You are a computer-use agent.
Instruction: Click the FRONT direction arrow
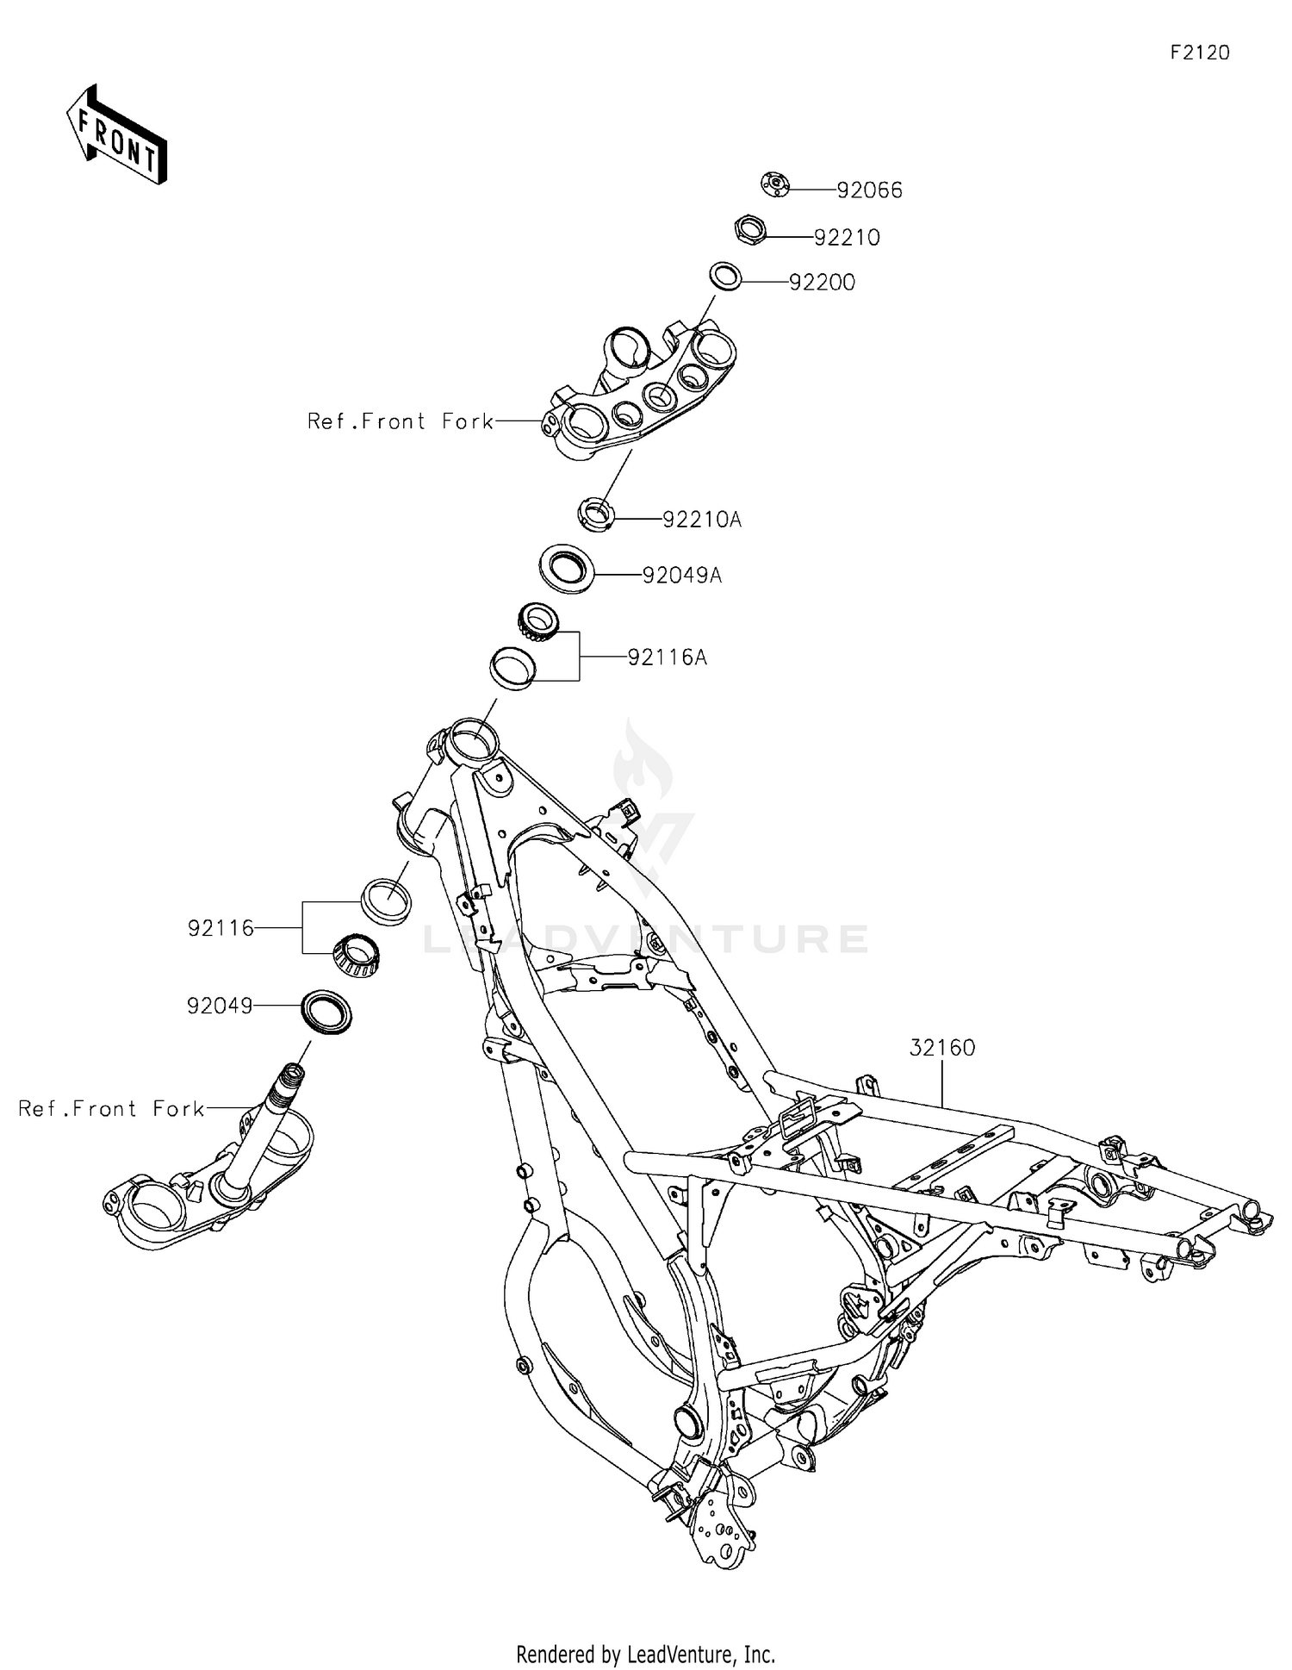point(116,134)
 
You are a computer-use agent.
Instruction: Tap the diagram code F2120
point(1199,53)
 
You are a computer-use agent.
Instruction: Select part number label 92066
point(870,190)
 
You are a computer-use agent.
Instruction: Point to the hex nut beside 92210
point(750,230)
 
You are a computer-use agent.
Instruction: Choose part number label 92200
point(823,283)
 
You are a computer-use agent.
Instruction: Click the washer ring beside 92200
point(725,277)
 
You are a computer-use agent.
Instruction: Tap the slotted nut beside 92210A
point(595,514)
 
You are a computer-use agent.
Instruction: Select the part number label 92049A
point(682,575)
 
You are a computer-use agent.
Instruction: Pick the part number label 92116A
point(668,657)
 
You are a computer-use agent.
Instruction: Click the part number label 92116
point(221,928)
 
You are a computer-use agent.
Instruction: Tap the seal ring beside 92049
point(326,1013)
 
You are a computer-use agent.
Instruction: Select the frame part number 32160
point(942,1048)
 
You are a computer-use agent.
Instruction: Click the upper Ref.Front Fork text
point(401,421)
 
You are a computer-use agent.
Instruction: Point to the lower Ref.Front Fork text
point(112,1108)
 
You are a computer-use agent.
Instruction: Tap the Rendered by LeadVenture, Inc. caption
point(646,1654)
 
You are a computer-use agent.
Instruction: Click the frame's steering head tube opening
point(471,739)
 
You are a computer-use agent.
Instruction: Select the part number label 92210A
point(702,520)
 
